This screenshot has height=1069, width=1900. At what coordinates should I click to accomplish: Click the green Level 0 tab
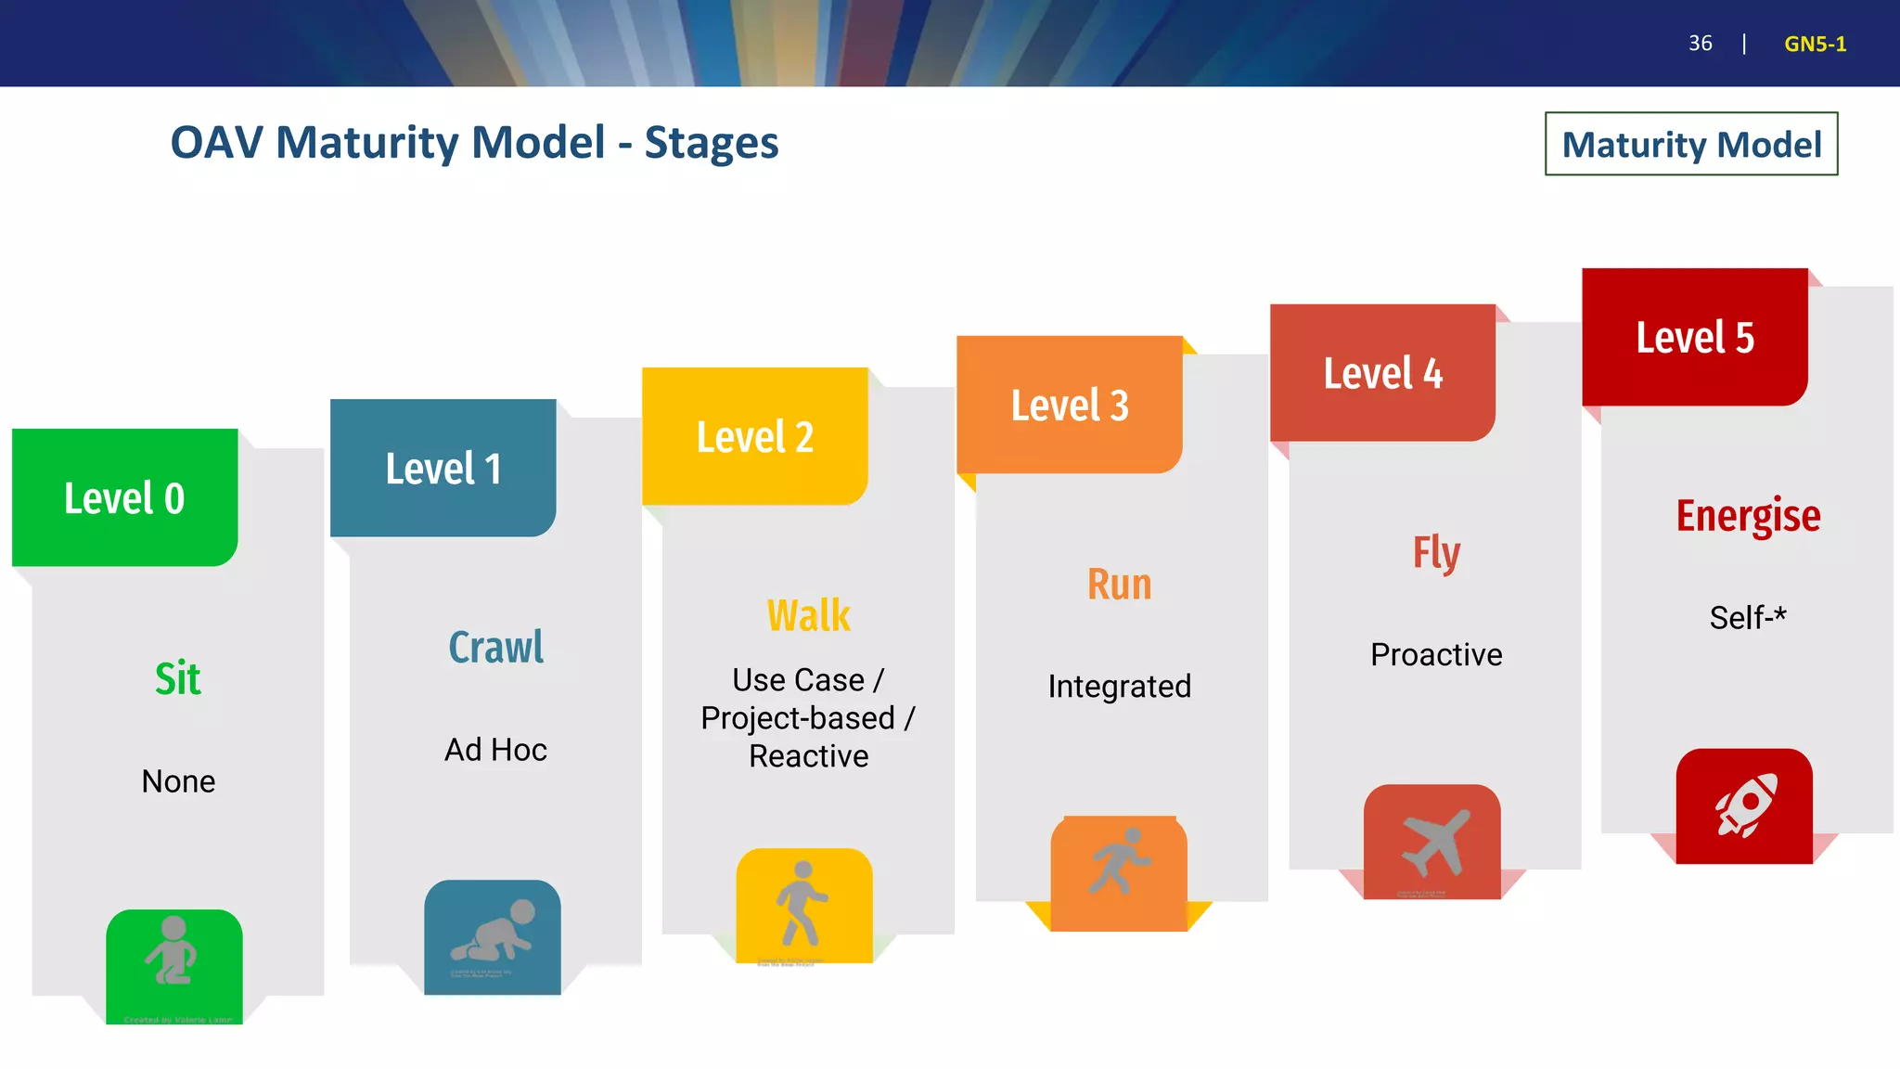(124, 497)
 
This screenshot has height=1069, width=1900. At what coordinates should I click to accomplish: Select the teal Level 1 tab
(443, 468)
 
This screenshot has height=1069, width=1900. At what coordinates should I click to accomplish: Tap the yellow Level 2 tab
(754, 436)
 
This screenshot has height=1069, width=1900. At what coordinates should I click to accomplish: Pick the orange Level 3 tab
(1069, 405)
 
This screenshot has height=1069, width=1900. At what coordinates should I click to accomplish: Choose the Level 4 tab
(1382, 373)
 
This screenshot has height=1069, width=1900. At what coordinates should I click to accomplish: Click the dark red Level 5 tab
(1694, 337)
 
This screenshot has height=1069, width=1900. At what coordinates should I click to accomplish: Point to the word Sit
(177, 678)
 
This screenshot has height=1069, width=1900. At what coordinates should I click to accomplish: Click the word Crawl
(495, 647)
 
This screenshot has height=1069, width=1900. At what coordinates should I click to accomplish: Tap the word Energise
(1748, 515)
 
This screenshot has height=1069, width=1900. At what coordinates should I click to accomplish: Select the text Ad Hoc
(495, 749)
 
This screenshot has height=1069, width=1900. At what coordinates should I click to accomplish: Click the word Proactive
(1435, 654)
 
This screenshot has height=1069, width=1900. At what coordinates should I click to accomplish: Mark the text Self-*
(1747, 617)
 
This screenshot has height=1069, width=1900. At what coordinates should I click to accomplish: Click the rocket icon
(1744, 805)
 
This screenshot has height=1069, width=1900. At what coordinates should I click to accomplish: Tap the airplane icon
(1433, 842)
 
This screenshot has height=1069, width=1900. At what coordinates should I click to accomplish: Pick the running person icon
(1119, 863)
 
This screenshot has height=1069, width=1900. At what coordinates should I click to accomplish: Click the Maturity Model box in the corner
(1690, 144)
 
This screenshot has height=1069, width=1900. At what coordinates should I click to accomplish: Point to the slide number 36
(1700, 44)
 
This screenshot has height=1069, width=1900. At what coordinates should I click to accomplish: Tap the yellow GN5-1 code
(1815, 44)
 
